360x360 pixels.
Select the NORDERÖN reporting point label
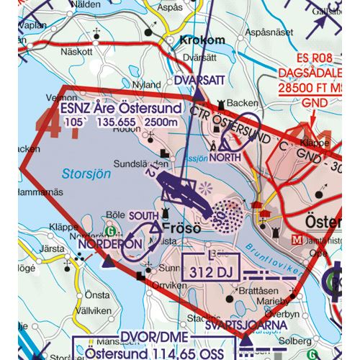click(x=109, y=245)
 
